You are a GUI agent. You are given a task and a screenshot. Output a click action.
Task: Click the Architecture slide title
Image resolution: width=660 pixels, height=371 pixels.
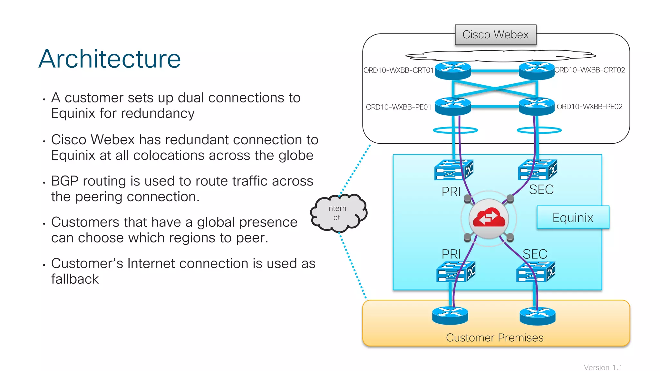[110, 59]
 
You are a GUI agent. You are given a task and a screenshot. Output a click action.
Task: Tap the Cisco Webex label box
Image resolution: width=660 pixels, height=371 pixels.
[495, 35]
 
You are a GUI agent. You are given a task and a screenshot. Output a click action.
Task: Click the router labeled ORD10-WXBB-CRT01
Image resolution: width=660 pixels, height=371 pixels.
[453, 71]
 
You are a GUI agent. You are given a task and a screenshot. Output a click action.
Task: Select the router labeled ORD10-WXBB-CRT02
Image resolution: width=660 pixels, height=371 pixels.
[536, 71]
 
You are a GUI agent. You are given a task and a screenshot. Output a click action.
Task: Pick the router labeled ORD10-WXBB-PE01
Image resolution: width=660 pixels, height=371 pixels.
[453, 106]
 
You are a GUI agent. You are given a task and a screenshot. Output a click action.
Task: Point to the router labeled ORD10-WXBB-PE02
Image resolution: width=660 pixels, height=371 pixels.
[536, 106]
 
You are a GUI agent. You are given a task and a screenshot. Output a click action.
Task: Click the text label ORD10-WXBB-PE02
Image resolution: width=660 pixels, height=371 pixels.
[589, 107]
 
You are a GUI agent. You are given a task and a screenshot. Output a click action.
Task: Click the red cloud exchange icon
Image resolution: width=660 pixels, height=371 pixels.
[489, 219]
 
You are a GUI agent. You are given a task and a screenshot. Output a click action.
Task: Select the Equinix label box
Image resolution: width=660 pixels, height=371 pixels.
[573, 217]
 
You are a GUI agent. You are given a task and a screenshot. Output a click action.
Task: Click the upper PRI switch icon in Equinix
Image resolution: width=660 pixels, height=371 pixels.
[453, 170]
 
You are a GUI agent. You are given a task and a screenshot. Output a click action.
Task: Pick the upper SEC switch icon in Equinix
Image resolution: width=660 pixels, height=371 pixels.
[537, 170]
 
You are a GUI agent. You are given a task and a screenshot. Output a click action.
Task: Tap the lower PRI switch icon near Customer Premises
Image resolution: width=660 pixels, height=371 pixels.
[455, 271]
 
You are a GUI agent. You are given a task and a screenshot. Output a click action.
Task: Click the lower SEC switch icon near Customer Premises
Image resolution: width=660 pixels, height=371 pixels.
[535, 271]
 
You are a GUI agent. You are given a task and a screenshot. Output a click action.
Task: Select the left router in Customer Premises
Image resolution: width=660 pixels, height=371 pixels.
[450, 315]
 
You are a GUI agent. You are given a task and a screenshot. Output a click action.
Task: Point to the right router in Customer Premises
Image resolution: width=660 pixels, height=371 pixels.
[537, 316]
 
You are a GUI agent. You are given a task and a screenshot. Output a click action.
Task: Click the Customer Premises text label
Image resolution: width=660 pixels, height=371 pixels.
[494, 338]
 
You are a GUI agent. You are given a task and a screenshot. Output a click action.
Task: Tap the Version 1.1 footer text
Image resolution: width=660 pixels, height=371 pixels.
[603, 367]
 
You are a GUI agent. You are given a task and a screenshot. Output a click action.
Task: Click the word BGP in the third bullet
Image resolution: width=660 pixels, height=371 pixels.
[64, 181]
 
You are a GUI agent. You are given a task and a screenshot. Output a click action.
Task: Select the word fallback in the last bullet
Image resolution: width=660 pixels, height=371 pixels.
[75, 279]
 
